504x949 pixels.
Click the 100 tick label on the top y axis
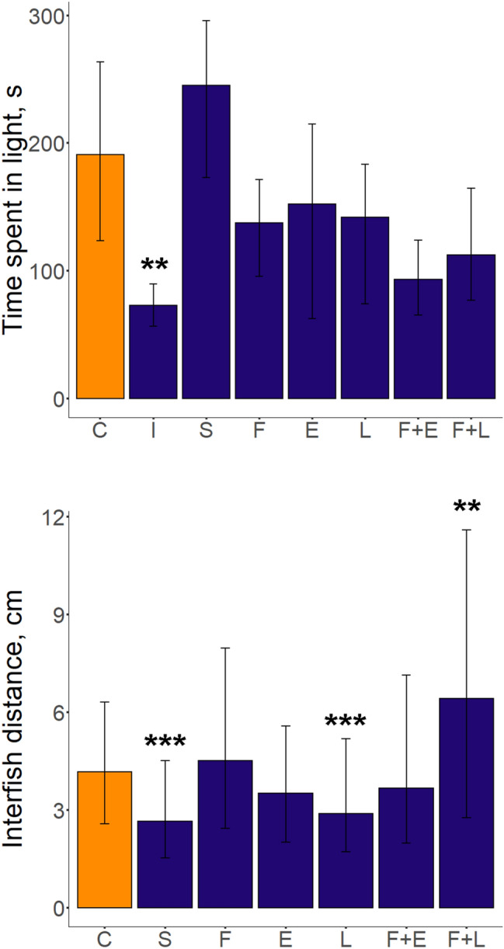coord(44,271)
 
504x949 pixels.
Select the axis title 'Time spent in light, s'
coord(17,206)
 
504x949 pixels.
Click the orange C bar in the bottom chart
coord(105,839)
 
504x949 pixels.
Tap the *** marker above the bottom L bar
coord(346,724)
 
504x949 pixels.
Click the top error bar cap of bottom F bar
coord(225,648)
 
